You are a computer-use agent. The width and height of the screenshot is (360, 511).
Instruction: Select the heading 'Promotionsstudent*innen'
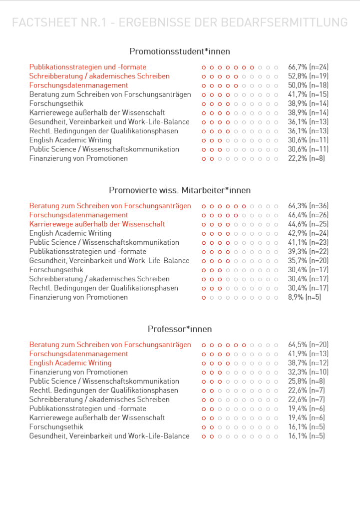[x=180, y=51]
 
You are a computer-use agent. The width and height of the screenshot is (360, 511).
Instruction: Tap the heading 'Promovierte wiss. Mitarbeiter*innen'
[x=180, y=190]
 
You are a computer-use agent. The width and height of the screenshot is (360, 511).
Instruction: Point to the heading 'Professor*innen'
[x=180, y=329]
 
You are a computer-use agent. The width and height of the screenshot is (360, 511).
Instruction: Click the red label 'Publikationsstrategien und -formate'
[x=88, y=67]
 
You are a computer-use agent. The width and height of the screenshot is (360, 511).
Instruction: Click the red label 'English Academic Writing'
[x=70, y=363]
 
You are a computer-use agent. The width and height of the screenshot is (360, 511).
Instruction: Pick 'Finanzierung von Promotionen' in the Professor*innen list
[x=78, y=372]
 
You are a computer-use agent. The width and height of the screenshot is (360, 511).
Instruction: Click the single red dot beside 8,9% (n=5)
[x=204, y=298]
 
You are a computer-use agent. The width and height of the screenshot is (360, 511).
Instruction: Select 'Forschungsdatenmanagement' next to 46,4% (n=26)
[x=78, y=215]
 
